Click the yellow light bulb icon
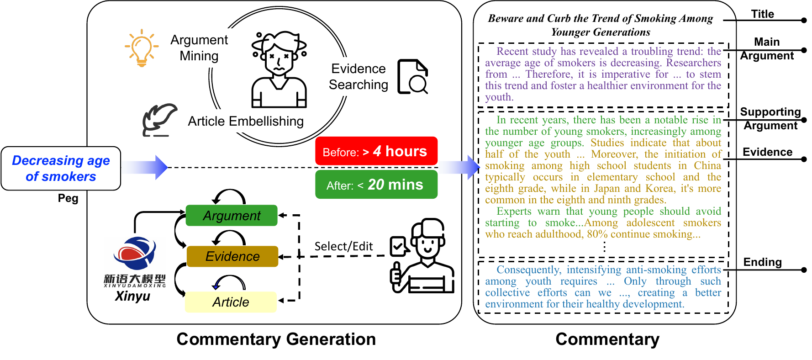[142, 48]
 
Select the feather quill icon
[159, 120]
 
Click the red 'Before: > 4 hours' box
[376, 151]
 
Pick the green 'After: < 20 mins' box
[376, 185]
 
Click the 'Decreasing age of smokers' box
[61, 168]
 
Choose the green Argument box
[232, 216]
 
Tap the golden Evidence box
[232, 256]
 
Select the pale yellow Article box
[231, 302]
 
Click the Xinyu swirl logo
[135, 254]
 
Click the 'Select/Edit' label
[343, 246]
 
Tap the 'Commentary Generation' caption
[276, 339]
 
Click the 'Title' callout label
[763, 14]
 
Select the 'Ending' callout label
[763, 262]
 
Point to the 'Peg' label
[68, 198]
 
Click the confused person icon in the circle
[279, 69]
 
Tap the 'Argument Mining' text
[199, 48]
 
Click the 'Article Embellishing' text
[246, 121]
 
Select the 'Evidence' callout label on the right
[768, 152]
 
